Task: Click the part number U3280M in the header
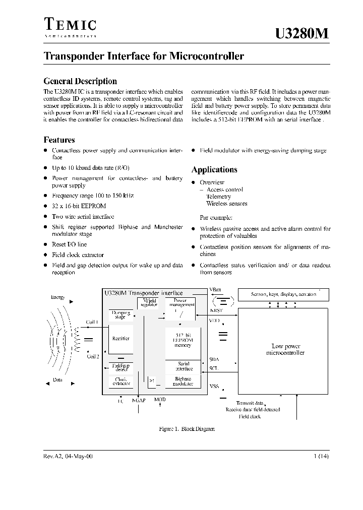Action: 302,33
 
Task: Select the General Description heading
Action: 80,81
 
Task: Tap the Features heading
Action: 59,140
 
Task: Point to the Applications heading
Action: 214,170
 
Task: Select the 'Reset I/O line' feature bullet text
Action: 70,244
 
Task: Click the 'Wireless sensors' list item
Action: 226,204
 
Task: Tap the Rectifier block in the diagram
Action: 121,339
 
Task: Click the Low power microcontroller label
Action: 285,350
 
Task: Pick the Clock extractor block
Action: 121,381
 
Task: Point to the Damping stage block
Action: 121,314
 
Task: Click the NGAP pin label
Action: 139,400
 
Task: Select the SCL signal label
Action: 214,368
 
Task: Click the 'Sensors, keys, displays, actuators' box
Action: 283,294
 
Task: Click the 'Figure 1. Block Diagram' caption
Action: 187,429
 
